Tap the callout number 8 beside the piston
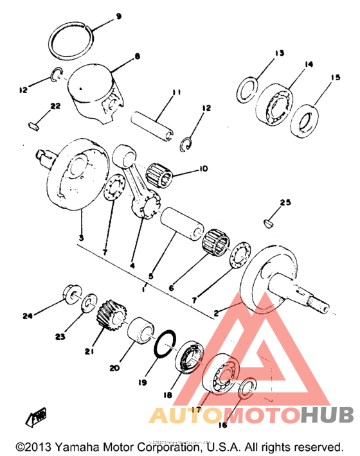[137, 57]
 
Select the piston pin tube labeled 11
[154, 120]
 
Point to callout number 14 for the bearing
[309, 64]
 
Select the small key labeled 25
[269, 223]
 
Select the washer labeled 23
[90, 302]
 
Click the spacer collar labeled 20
[140, 331]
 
